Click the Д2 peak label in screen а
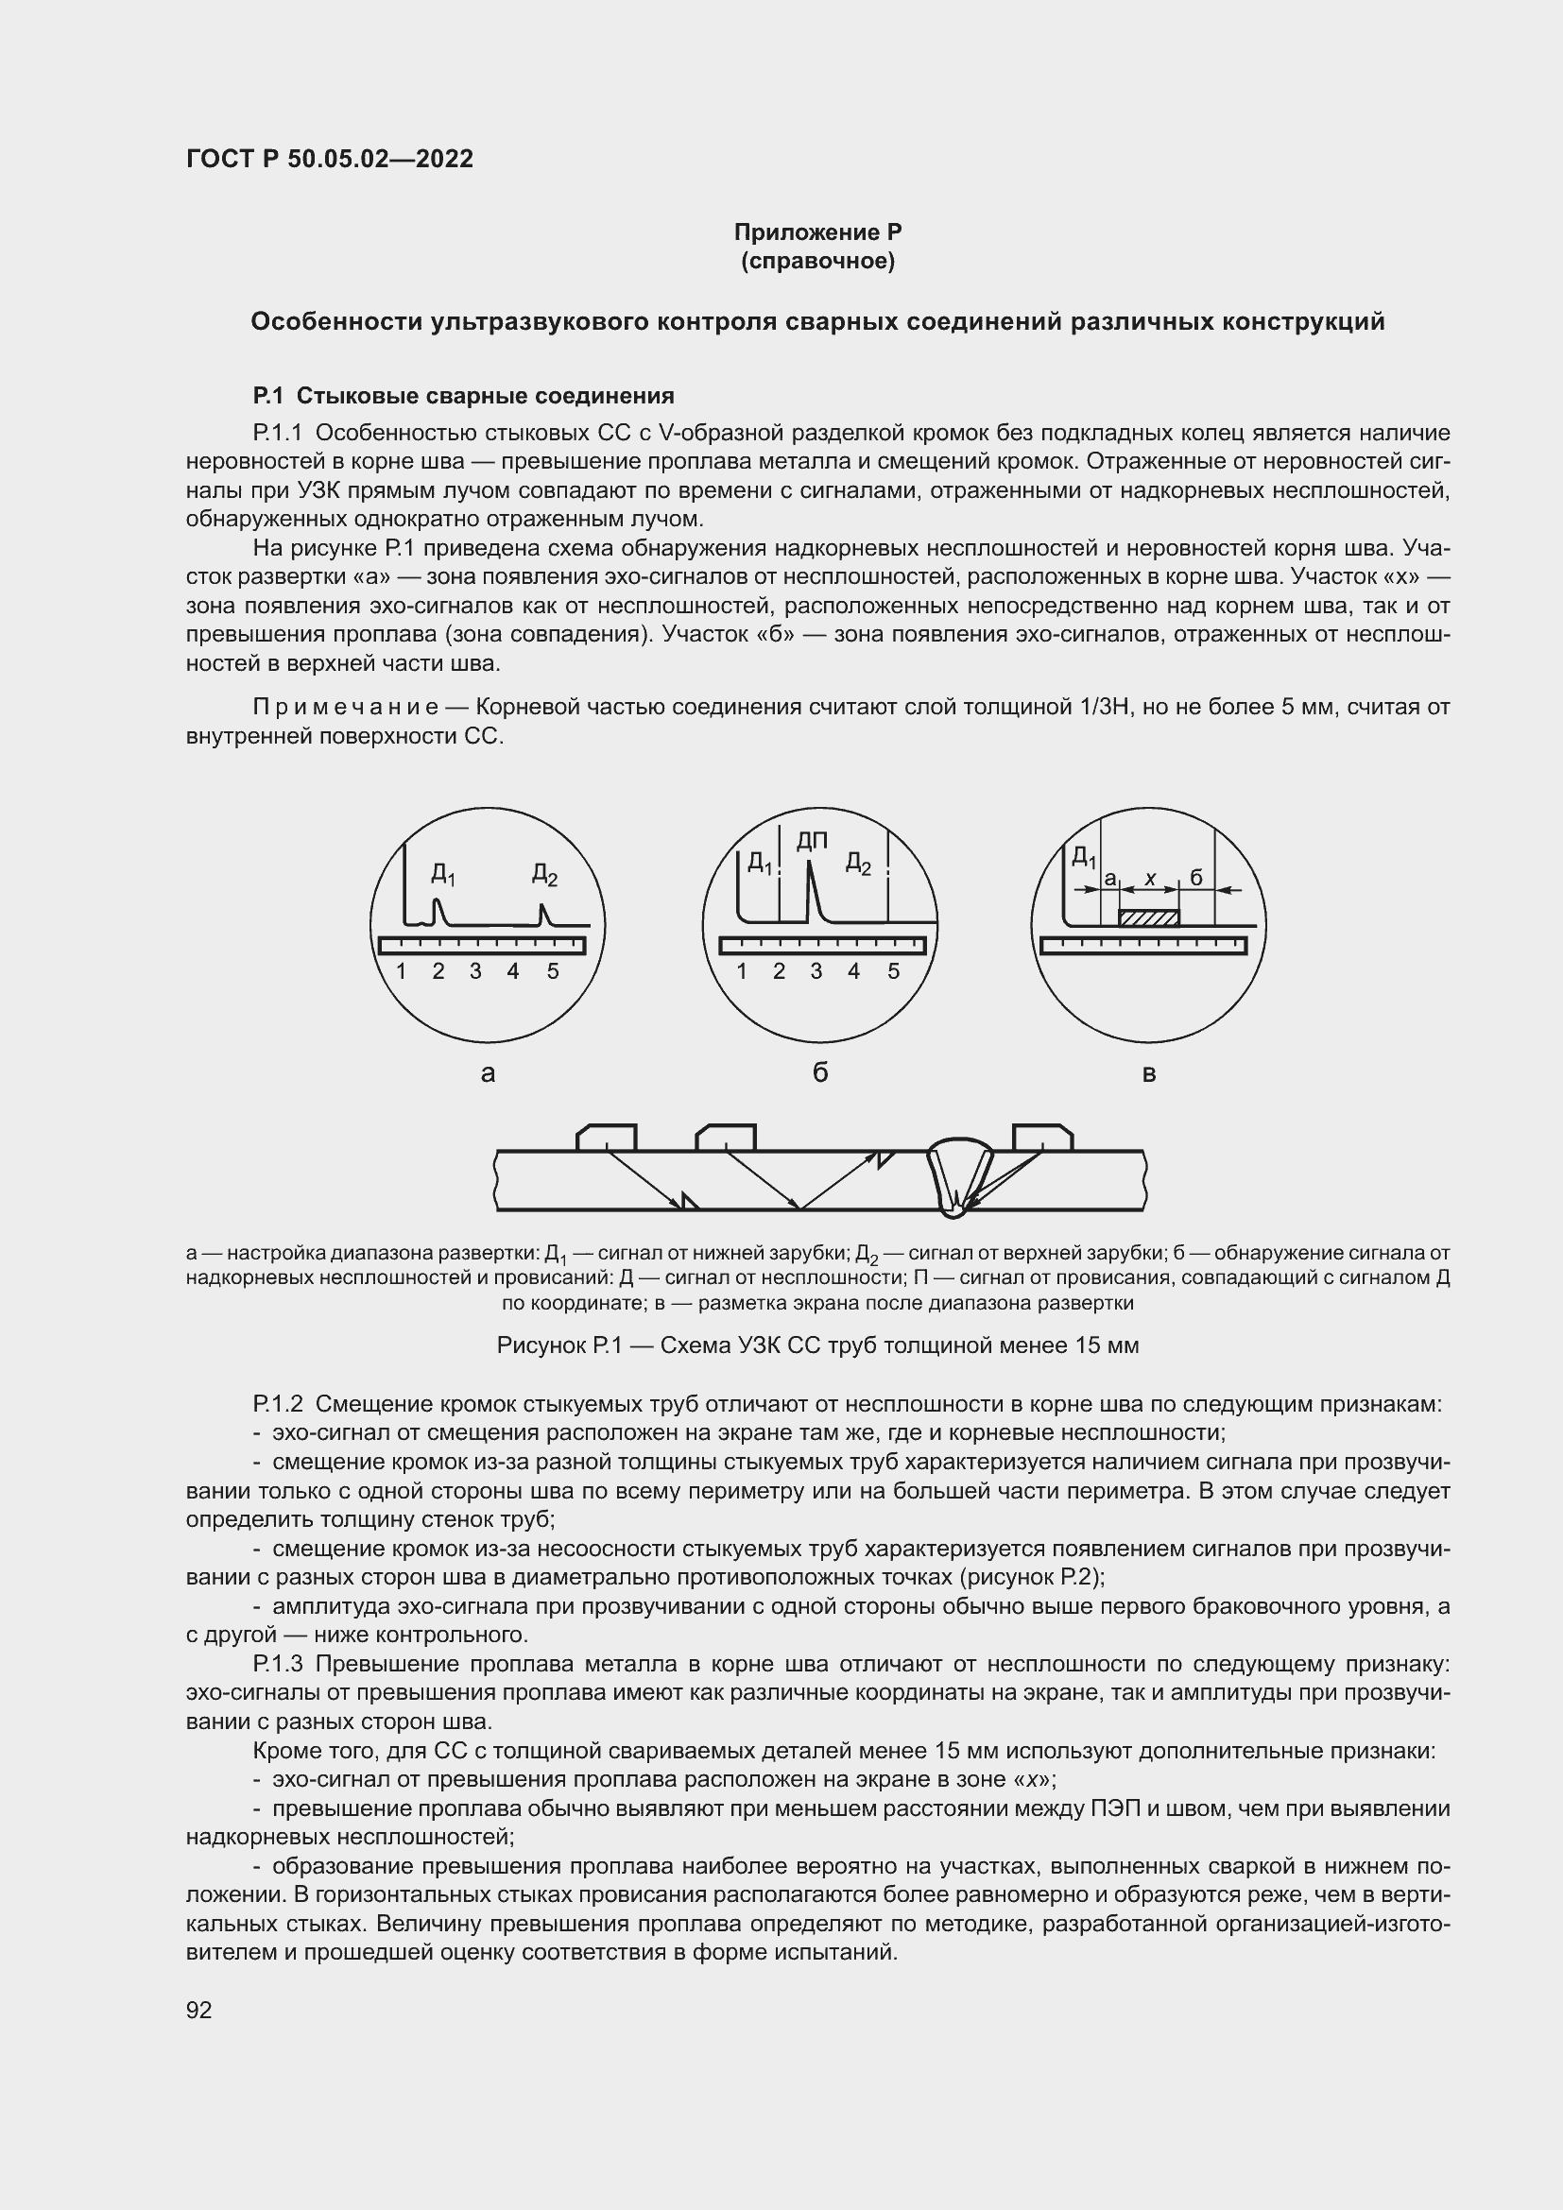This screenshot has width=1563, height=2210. coord(544,875)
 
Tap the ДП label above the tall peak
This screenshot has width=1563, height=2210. coord(813,841)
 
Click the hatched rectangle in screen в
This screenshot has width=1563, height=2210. coord(1148,918)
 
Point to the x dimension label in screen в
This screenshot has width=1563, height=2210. coord(1150,878)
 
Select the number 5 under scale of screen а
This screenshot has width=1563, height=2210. coord(553,971)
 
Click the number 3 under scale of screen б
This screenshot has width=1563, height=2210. coord(816,971)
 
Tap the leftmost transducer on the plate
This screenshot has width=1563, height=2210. coord(607,1138)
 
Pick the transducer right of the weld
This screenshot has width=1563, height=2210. coord(1042,1138)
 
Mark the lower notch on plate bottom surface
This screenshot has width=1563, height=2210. coord(689,1201)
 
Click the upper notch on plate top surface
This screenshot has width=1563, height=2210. coord(886,1157)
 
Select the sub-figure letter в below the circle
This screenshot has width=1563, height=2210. coord(1148,1073)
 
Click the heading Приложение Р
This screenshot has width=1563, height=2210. coord(817,232)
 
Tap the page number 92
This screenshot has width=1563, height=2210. coord(199,2010)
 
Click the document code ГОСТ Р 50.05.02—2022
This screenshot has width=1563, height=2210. coord(329,159)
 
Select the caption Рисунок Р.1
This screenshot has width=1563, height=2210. coord(817,1345)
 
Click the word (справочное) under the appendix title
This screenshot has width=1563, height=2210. coord(817,261)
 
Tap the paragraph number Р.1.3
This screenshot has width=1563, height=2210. coord(278,1664)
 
